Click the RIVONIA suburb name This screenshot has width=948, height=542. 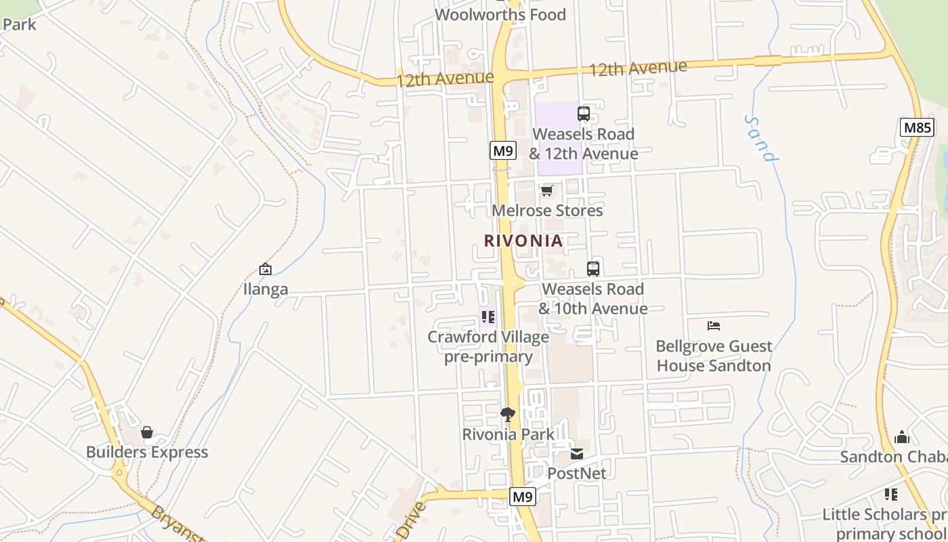[x=523, y=241]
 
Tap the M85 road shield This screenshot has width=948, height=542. [x=918, y=127]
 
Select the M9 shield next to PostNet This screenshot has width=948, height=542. [x=522, y=497]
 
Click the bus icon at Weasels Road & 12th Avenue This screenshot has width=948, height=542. [x=584, y=114]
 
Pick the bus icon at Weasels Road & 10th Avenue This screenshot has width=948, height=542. [x=593, y=268]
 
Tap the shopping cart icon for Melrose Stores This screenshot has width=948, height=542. [x=547, y=190]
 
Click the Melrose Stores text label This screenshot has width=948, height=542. [x=547, y=211]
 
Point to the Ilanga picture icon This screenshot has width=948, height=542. [x=265, y=269]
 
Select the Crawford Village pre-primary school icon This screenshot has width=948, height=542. [x=488, y=316]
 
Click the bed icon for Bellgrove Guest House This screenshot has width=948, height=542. [x=714, y=326]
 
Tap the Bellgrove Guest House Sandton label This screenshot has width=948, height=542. [x=714, y=356]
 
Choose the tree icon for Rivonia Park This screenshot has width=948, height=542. [x=508, y=414]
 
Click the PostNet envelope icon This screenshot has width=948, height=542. [x=576, y=453]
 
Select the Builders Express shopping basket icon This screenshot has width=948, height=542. [x=147, y=432]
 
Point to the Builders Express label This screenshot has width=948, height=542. [x=147, y=452]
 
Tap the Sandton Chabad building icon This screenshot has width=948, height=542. [x=901, y=437]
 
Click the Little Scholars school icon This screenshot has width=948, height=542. [x=891, y=495]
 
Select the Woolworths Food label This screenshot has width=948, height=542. [x=500, y=14]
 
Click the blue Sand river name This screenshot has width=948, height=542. [x=760, y=138]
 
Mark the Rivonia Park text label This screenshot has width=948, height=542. [x=508, y=434]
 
